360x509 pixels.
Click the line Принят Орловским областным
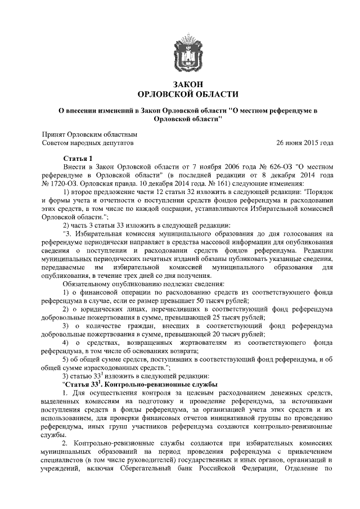pos(90,134)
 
